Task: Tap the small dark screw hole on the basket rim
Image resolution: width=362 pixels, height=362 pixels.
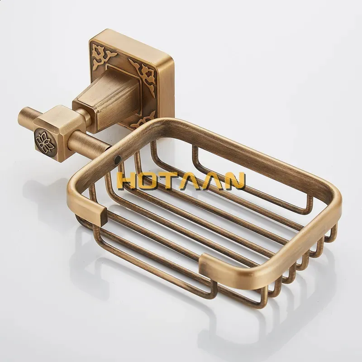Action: pos(118,159)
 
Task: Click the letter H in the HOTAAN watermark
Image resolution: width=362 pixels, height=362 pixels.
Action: pos(129,181)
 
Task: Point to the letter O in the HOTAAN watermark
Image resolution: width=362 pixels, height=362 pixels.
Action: pos(154,181)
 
